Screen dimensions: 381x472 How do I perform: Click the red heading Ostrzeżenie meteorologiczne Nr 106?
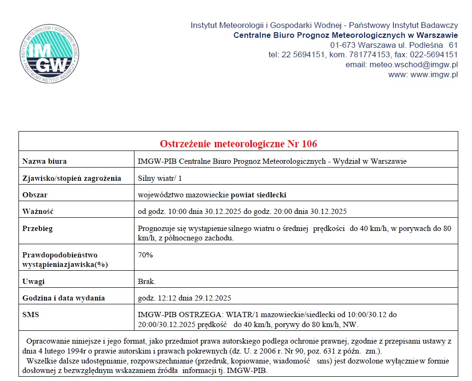click(238, 143)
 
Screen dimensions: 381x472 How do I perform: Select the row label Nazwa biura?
click(45, 161)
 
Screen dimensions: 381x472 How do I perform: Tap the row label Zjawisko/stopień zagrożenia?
click(71, 178)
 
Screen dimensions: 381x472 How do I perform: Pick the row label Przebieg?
click(37, 228)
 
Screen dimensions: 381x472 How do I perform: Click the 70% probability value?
click(145, 255)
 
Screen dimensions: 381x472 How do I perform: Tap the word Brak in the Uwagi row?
click(146, 282)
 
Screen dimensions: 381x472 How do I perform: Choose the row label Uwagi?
click(33, 282)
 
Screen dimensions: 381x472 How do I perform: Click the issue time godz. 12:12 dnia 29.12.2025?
click(184, 298)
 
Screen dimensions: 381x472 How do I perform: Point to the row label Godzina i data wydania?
click(63, 298)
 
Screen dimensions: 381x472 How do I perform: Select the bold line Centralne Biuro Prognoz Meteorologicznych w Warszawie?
click(346, 35)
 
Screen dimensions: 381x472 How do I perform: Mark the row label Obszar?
click(35, 195)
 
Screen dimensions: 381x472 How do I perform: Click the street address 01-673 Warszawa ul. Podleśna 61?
click(394, 45)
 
